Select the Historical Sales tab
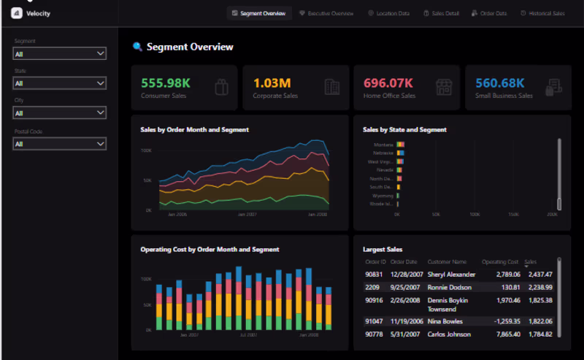click(542, 13)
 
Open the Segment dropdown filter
click(60, 53)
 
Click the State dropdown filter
click(60, 83)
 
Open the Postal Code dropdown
click(60, 144)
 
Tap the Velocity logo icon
click(17, 14)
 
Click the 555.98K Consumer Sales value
click(166, 83)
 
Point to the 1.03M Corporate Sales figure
click(272, 83)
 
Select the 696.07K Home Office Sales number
click(388, 83)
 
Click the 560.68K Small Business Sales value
click(500, 83)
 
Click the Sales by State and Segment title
click(404, 130)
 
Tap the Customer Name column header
click(447, 261)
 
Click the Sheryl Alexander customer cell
click(451, 275)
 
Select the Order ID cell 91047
click(374, 321)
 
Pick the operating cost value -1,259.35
click(502, 321)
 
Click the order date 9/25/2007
click(403, 288)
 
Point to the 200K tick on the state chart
click(551, 215)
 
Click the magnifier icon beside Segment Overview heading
click(137, 47)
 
